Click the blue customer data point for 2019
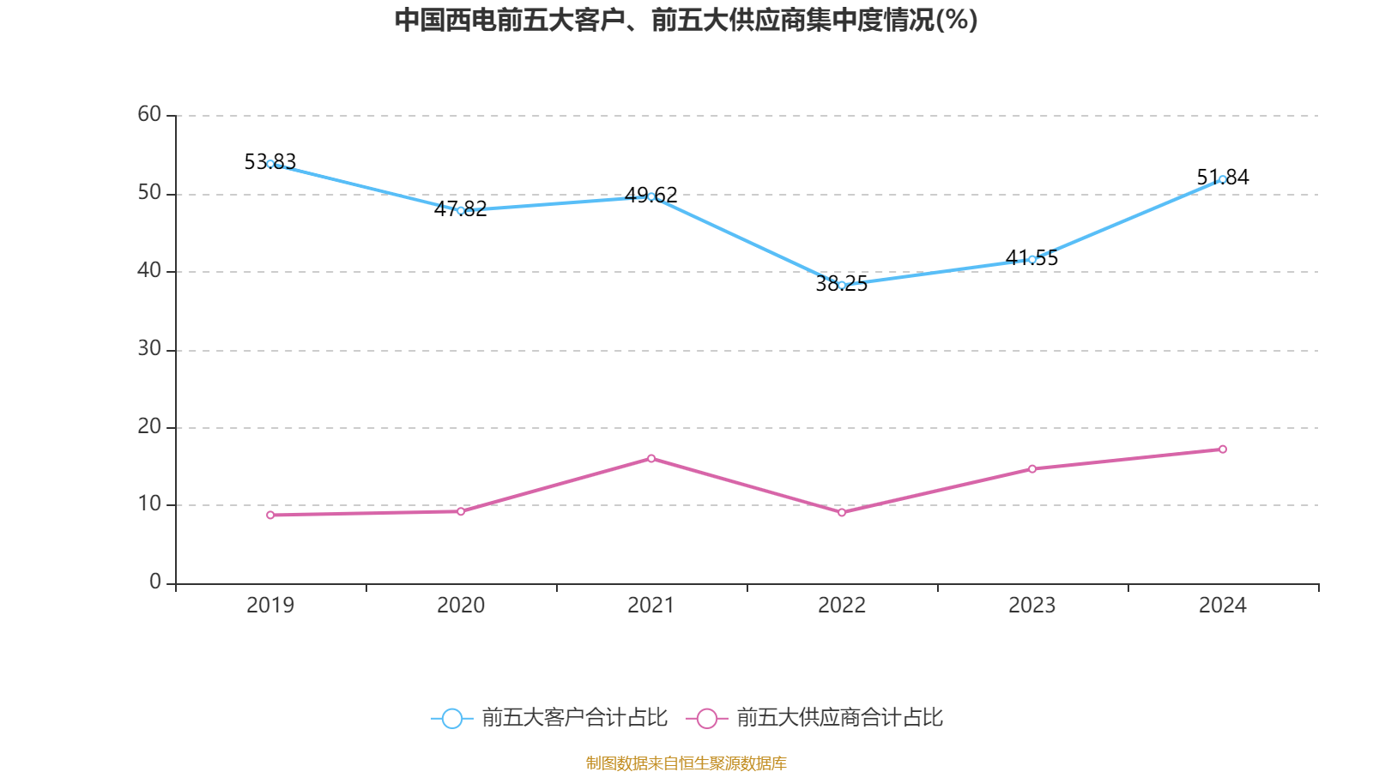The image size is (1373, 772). tap(270, 164)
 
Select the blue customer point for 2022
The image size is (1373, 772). tap(842, 285)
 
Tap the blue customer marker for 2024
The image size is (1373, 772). tap(1223, 179)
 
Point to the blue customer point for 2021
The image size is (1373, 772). tap(651, 196)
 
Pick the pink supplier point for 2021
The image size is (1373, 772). tap(651, 458)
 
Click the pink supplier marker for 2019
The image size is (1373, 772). tap(270, 515)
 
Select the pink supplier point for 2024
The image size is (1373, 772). tap(1223, 449)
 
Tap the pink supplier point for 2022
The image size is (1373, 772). tap(842, 512)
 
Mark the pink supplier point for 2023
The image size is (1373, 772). tap(1032, 468)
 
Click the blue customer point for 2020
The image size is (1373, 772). tap(461, 210)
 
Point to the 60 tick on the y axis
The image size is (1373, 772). tap(149, 114)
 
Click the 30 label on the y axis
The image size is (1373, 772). tap(149, 348)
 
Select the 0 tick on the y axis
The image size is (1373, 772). tap(155, 582)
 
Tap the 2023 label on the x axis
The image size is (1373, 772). tap(1031, 606)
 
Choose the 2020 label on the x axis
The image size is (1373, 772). tap(461, 606)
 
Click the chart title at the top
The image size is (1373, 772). tap(686, 20)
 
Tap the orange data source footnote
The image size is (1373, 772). tap(686, 763)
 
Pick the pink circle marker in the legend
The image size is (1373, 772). tap(706, 719)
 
